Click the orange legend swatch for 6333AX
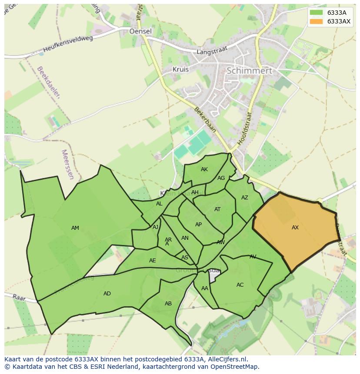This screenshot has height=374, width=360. pyautogui.click(x=316, y=21)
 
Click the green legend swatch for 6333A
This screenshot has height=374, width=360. pyautogui.click(x=316, y=13)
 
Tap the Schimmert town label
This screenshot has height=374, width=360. pyautogui.click(x=249, y=70)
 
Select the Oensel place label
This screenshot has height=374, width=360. pyautogui.click(x=140, y=31)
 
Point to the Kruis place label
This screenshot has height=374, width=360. pyautogui.click(x=180, y=69)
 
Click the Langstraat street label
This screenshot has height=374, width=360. pyautogui.click(x=212, y=51)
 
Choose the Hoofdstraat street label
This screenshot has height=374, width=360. pyautogui.click(x=246, y=129)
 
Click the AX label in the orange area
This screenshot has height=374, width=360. pyautogui.click(x=295, y=228)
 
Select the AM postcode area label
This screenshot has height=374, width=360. pyautogui.click(x=75, y=228)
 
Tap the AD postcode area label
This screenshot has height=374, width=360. pyautogui.click(x=107, y=294)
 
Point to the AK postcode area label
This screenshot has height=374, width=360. pyautogui.click(x=204, y=169)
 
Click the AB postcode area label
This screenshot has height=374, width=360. pyautogui.click(x=168, y=304)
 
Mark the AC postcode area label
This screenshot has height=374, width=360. pyautogui.click(x=240, y=285)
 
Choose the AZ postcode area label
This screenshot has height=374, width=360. pyautogui.click(x=245, y=198)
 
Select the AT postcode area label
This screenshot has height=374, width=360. pyautogui.click(x=217, y=209)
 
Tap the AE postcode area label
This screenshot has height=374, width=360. pyautogui.click(x=152, y=261)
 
